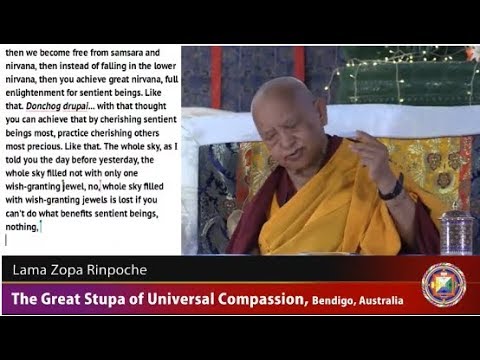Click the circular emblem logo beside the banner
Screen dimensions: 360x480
(x=443, y=284)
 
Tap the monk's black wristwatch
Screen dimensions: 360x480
(x=393, y=188)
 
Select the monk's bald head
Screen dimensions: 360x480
(x=292, y=105)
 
